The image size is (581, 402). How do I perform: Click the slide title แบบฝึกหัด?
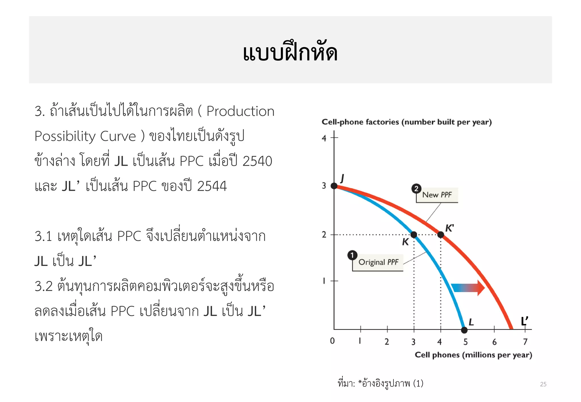(290, 53)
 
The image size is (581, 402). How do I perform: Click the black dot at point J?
(334, 186)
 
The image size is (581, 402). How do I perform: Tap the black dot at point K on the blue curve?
(414, 235)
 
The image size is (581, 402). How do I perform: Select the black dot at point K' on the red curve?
(441, 235)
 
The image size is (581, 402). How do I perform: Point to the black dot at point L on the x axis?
(464, 330)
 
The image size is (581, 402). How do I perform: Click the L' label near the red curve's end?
(525, 321)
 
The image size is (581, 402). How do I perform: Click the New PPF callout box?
(437, 195)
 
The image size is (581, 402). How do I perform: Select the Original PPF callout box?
(378, 262)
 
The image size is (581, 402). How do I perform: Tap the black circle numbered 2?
(416, 189)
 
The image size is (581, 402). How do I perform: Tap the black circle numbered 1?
(352, 255)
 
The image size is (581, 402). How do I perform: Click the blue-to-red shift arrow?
(468, 288)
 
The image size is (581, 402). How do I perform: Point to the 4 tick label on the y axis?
(324, 138)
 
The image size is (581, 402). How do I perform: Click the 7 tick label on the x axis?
(525, 342)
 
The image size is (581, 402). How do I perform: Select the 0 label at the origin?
(332, 341)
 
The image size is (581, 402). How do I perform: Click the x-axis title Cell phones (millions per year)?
(473, 355)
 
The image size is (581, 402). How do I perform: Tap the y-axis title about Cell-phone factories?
(407, 122)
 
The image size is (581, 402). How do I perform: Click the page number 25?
(543, 384)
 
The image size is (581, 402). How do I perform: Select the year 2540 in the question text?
(257, 161)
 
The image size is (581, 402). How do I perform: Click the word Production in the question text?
(240, 111)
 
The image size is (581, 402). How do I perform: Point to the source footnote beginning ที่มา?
(380, 384)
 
